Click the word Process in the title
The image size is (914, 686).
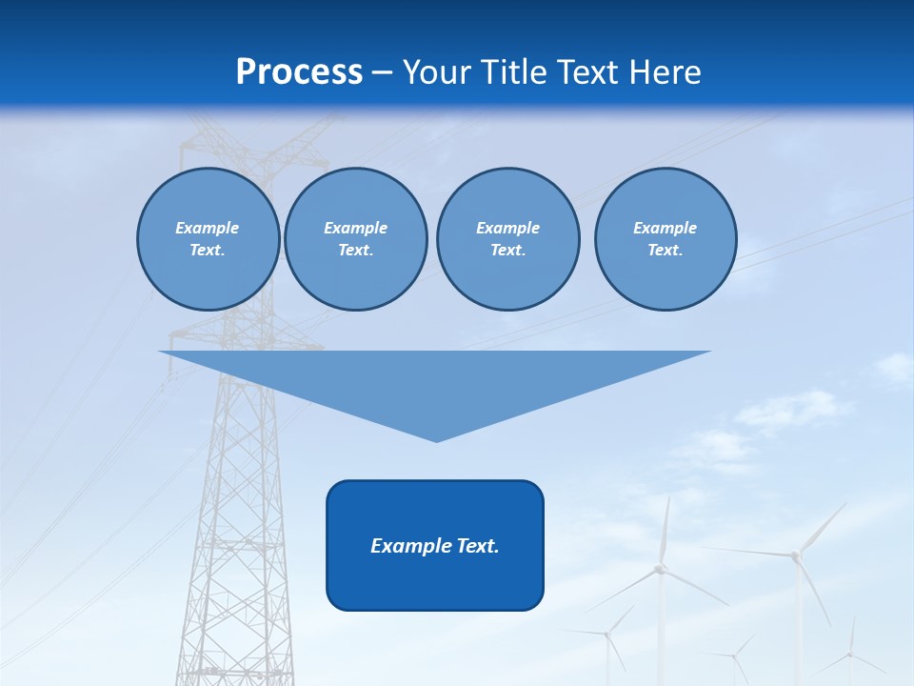point(299,72)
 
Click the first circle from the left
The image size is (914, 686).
point(208,239)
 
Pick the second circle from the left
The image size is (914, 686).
point(355,239)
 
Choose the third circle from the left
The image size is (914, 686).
point(507,239)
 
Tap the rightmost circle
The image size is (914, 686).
point(665,239)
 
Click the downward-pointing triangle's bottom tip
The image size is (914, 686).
point(436,440)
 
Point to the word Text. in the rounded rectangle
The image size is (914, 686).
point(478,546)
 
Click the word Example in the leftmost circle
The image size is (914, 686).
point(208,228)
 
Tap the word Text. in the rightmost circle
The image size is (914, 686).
point(665,251)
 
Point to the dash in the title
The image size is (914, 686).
point(383,72)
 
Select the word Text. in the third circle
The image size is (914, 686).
point(507,251)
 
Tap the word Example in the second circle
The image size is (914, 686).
point(355,228)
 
